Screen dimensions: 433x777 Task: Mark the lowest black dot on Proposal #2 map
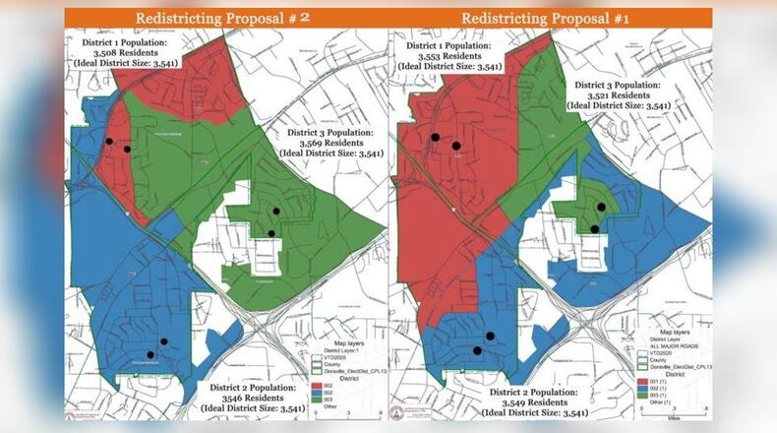[x=150, y=354]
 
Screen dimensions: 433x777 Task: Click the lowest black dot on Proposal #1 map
[x=477, y=349]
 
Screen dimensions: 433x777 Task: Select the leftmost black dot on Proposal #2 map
[x=110, y=142]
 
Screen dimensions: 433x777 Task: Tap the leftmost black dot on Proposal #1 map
[x=434, y=138]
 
